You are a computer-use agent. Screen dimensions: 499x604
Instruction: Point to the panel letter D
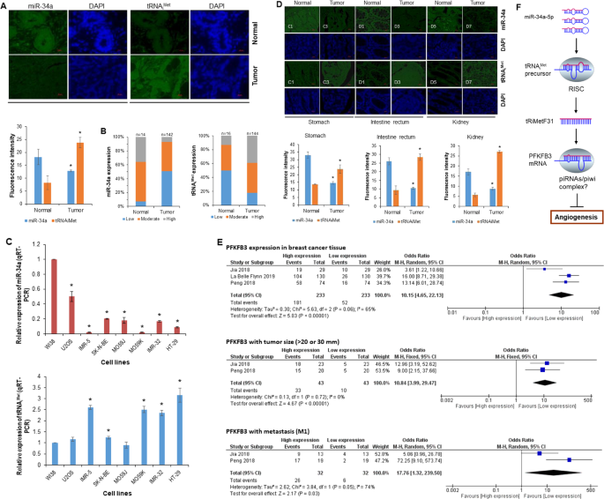[280, 5]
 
